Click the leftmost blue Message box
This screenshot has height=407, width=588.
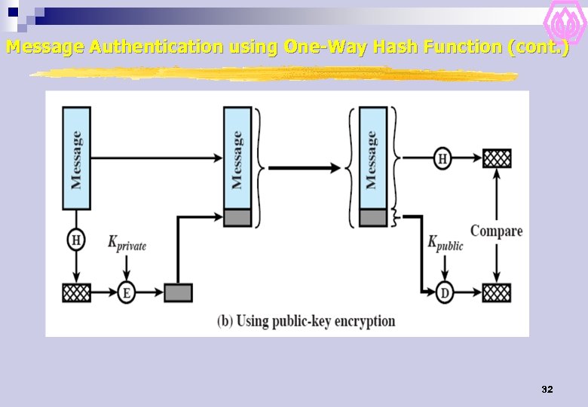tap(76, 158)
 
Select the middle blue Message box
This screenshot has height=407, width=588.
tap(238, 158)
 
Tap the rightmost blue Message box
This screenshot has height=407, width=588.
tap(372, 158)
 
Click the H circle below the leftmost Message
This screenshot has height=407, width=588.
tap(76, 240)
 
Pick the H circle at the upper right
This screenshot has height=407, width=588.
tap(443, 158)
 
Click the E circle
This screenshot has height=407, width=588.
tap(126, 292)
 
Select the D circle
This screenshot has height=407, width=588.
tap(445, 292)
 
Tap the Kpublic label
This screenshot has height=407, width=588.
tap(446, 243)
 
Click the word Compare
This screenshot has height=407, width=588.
tap(496, 231)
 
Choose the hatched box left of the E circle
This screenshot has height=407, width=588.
tap(76, 292)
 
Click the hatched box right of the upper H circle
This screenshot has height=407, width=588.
tap(497, 158)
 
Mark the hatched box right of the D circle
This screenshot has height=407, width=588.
tap(497, 292)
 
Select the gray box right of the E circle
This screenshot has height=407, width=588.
tap(178, 292)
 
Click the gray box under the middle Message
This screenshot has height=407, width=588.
tap(238, 218)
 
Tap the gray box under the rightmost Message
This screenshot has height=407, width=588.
tap(372, 218)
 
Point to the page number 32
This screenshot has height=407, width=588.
tap(547, 390)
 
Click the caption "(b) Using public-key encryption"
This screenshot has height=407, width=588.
tap(306, 321)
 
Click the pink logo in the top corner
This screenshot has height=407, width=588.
tap(563, 23)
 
